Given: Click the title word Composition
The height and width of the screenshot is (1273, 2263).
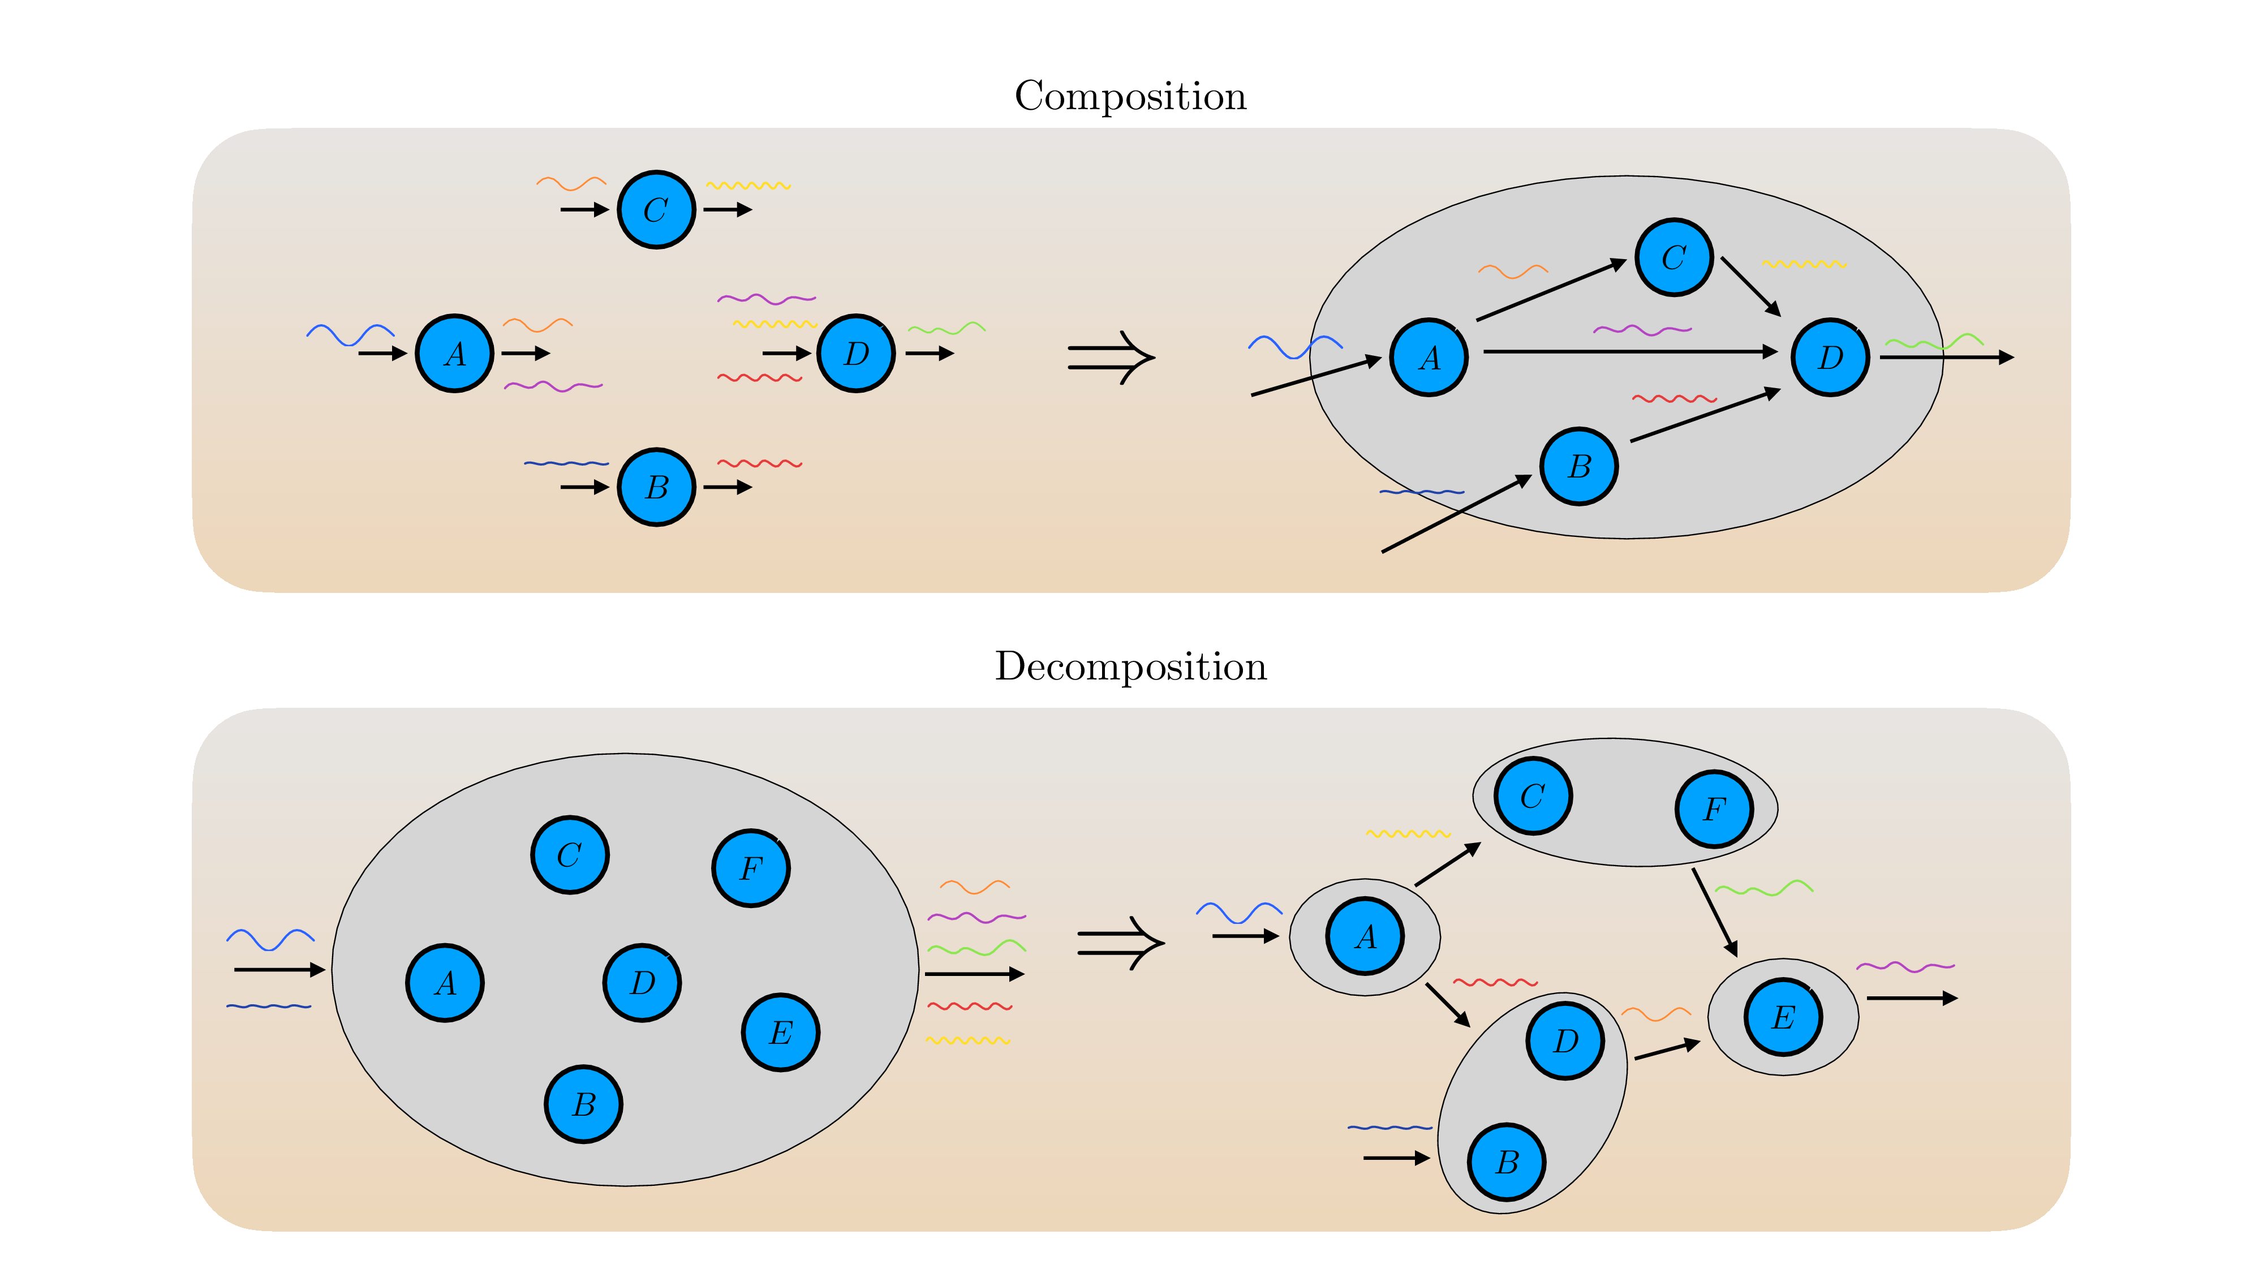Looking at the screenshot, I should click(x=1130, y=97).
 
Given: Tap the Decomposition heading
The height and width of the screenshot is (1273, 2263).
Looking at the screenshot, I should click(x=1130, y=667).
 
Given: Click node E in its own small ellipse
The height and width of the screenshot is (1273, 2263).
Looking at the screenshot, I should click(x=1783, y=1017).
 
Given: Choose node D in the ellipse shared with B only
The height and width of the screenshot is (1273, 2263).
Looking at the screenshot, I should click(x=1565, y=1040).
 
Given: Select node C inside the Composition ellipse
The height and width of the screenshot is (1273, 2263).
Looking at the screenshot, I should click(x=1673, y=257).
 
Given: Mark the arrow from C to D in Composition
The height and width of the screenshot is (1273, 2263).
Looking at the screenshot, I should click(x=1750, y=286).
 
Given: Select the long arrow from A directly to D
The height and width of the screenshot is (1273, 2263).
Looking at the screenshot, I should click(x=1629, y=351).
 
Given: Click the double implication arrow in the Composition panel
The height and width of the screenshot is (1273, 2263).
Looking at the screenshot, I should click(x=1111, y=358).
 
